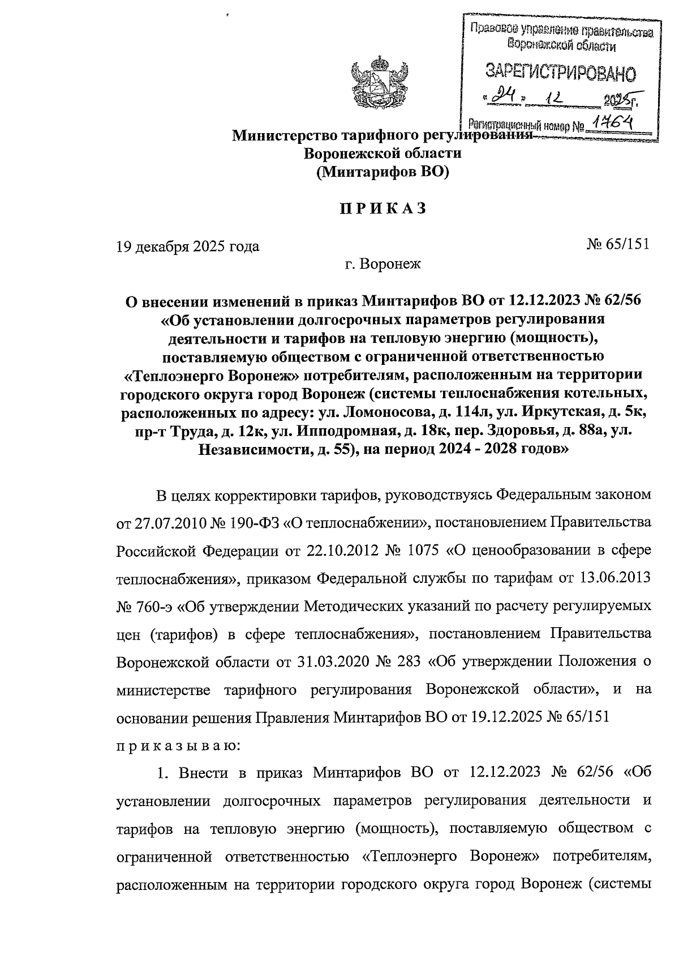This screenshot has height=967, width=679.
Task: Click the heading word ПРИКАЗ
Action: tap(383, 208)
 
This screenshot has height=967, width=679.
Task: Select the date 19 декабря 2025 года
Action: tap(187, 246)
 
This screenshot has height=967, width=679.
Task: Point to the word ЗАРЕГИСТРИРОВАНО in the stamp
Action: tap(560, 72)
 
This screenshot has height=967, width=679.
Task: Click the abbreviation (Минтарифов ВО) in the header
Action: tap(383, 172)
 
